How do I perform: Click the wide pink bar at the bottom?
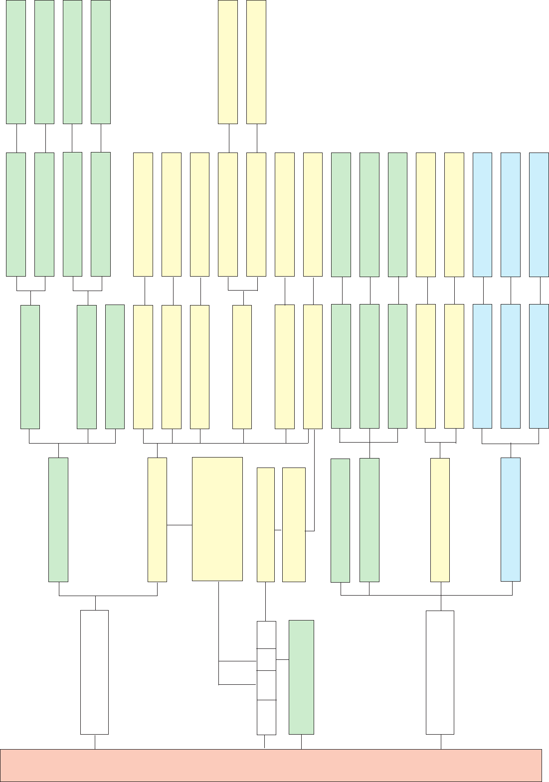click(x=271, y=765)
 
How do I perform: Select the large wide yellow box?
click(x=217, y=519)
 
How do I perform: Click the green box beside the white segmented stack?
click(x=301, y=677)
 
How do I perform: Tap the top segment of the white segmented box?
click(x=266, y=634)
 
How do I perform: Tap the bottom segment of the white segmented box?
click(x=266, y=717)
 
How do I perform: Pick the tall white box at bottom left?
click(x=94, y=672)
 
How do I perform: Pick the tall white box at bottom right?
click(x=440, y=672)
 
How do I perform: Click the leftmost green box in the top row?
click(x=16, y=62)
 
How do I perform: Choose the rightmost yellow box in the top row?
click(x=256, y=62)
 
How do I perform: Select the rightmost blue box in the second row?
click(x=539, y=214)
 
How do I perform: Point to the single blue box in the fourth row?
click(x=511, y=519)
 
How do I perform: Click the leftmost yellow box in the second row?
click(x=143, y=214)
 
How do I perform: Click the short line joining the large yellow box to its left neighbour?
click(x=180, y=525)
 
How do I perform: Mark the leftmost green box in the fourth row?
click(x=58, y=519)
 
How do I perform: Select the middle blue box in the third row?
click(x=511, y=366)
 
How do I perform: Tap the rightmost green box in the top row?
click(x=101, y=62)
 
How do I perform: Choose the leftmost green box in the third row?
click(x=30, y=366)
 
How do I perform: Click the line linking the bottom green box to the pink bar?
click(x=301, y=742)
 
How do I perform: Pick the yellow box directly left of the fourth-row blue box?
click(x=440, y=520)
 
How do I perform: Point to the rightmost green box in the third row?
click(x=397, y=366)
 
